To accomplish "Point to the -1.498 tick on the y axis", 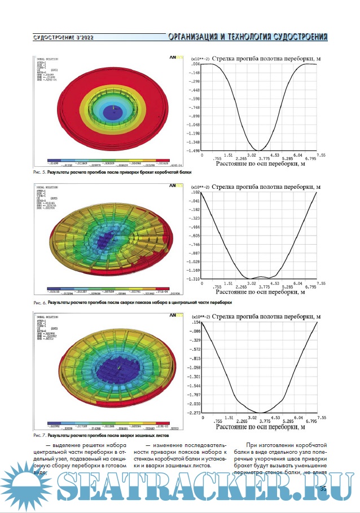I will [194, 151].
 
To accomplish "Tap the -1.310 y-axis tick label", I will [194, 279].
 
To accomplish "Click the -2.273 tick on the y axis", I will [194, 413].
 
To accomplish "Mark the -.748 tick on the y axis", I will [194, 107].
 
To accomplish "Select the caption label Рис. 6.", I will [39, 303].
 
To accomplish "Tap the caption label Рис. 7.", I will [39, 436].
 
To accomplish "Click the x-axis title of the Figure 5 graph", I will [260, 166].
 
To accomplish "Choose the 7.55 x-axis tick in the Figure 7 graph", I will [321, 418].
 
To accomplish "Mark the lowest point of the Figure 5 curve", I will [256, 150].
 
